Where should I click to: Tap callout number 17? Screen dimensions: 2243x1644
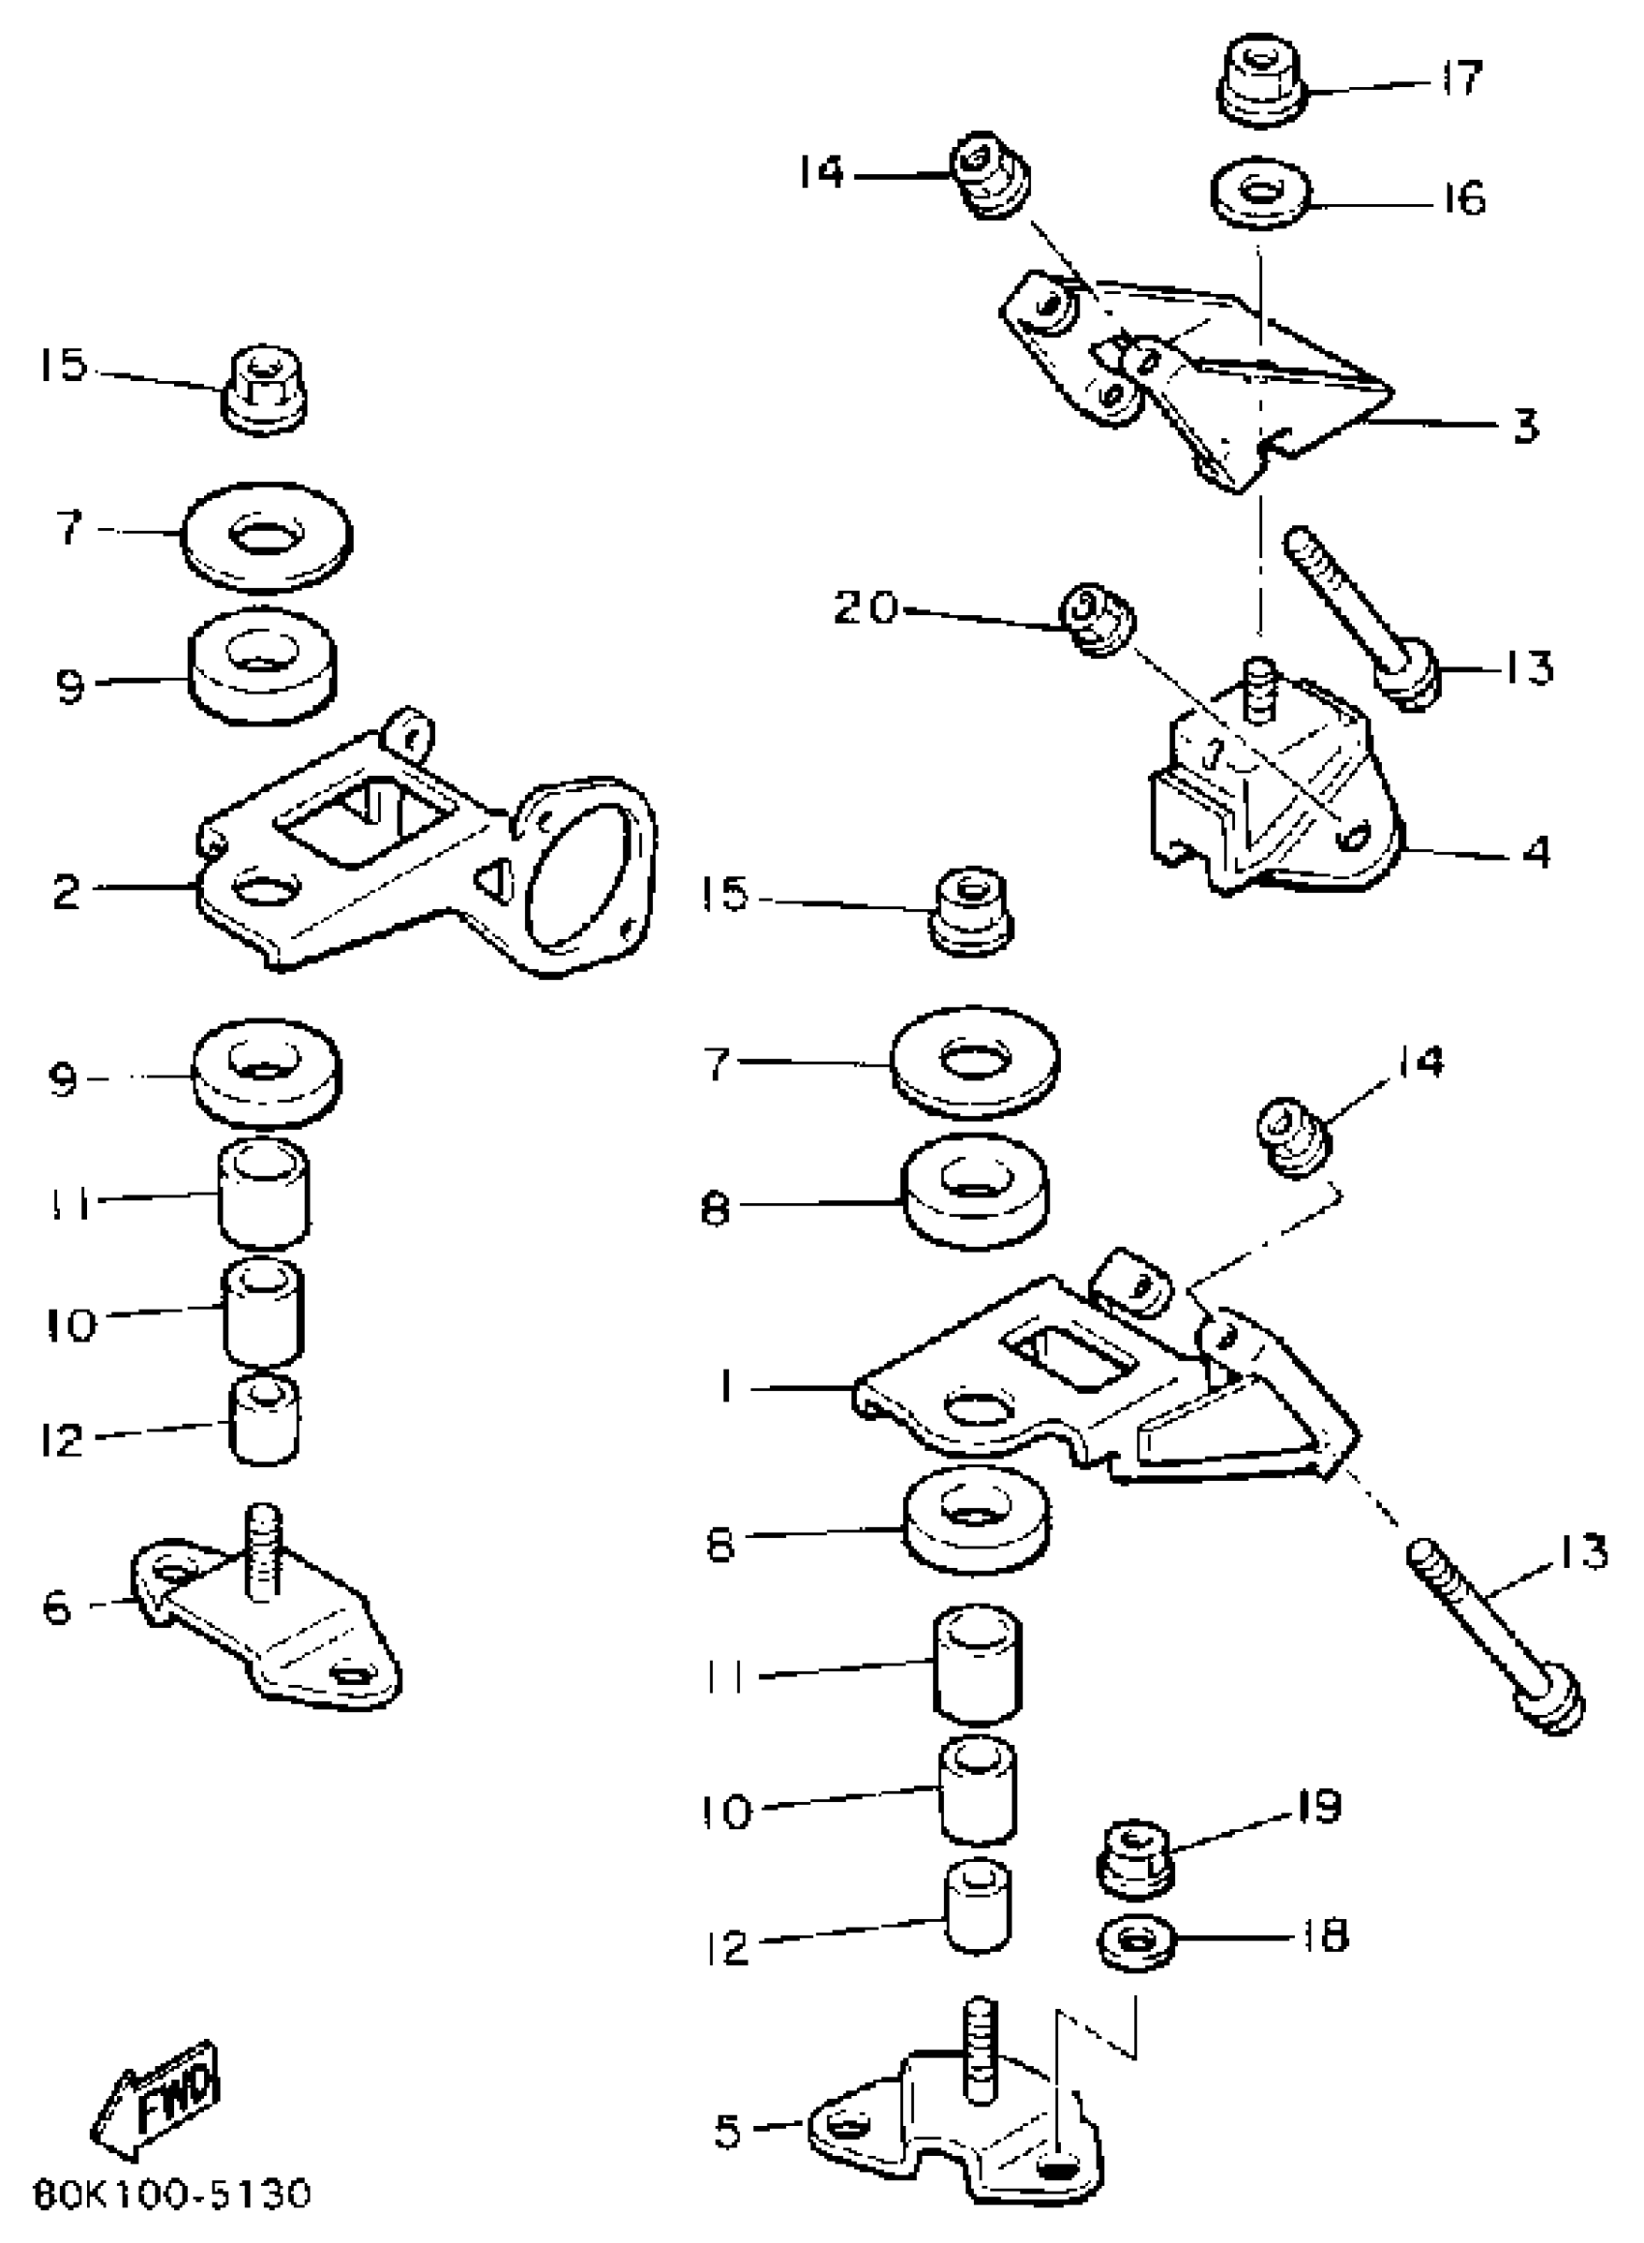pyautogui.click(x=1461, y=78)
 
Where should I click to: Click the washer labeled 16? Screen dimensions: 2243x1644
pyautogui.click(x=1261, y=193)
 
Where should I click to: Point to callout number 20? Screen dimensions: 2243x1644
pyautogui.click(x=865, y=606)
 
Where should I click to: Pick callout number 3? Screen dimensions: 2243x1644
pyautogui.click(x=1526, y=425)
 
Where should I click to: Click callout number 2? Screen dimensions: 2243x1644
pyautogui.click(x=67, y=892)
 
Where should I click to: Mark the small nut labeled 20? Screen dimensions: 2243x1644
pyautogui.click(x=1096, y=620)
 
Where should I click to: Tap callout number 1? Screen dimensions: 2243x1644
pyautogui.click(x=727, y=1385)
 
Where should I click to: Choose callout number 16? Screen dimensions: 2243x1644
pyautogui.click(x=1464, y=199)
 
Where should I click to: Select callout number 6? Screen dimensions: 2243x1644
pyautogui.click(x=58, y=1608)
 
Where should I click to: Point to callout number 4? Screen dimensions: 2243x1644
pyautogui.click(x=1537, y=853)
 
